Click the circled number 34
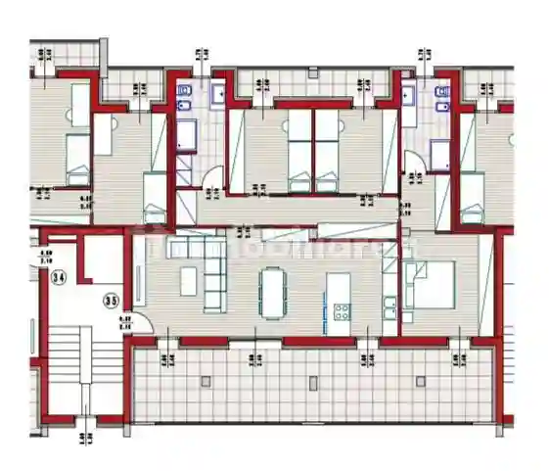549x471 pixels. click(59, 278)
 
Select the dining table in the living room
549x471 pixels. click(270, 291)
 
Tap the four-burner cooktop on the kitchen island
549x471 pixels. click(343, 311)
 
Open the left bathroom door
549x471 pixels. click(214, 179)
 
